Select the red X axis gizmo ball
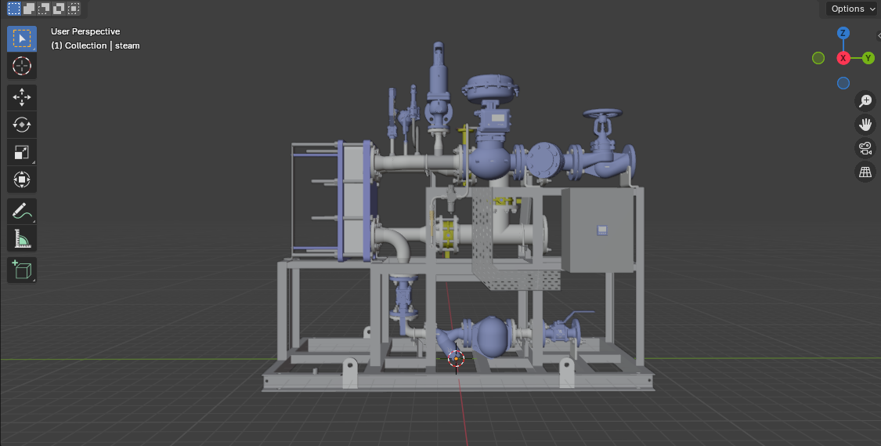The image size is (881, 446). [843, 58]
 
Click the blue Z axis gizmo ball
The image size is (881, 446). [843, 33]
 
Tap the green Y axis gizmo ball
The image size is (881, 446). [868, 58]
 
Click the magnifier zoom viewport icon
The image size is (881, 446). [865, 100]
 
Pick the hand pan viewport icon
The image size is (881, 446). [865, 124]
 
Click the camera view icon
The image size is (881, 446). [865, 148]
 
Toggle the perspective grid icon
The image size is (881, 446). [865, 172]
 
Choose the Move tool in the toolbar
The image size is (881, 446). [22, 97]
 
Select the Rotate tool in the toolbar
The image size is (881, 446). [22, 125]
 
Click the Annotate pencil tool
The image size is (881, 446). [22, 211]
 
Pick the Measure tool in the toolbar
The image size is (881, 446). [22, 238]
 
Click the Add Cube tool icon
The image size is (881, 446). [22, 270]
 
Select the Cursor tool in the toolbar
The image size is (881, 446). [22, 66]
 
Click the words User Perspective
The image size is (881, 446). [85, 31]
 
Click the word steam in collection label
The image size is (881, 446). [128, 45]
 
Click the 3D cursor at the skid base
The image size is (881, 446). [456, 358]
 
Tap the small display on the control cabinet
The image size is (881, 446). [602, 230]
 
